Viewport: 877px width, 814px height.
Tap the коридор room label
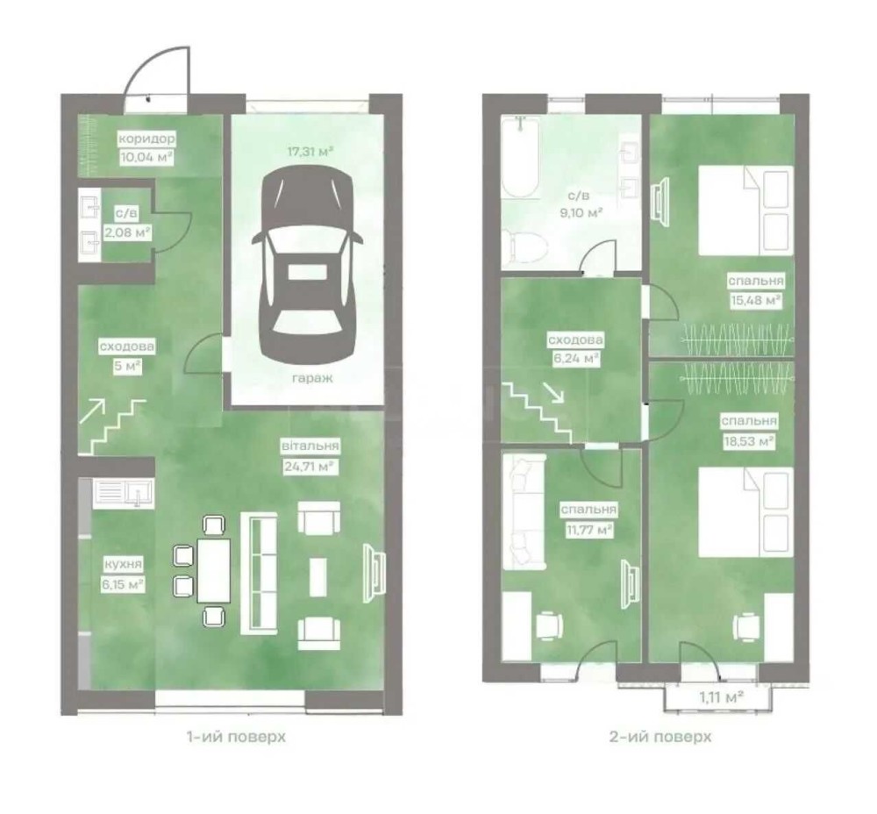(146, 139)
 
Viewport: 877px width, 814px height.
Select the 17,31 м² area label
(310, 151)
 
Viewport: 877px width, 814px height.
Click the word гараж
(312, 379)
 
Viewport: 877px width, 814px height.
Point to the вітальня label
(310, 446)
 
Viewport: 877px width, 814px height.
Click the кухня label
(123, 564)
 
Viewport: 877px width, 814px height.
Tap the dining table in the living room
(214, 570)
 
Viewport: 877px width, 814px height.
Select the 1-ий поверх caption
(236, 737)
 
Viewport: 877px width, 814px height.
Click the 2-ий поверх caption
(660, 737)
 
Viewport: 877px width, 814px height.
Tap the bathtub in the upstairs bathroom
(520, 158)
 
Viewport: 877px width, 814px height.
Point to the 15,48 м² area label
(756, 300)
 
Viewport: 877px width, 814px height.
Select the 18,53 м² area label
(749, 441)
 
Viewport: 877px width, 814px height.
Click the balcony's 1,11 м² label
(721, 697)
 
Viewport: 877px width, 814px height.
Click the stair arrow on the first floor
(92, 411)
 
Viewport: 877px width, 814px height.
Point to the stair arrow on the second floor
(555, 393)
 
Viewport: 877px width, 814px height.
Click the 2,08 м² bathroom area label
(127, 232)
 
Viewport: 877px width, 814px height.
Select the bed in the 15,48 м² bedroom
(746, 211)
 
